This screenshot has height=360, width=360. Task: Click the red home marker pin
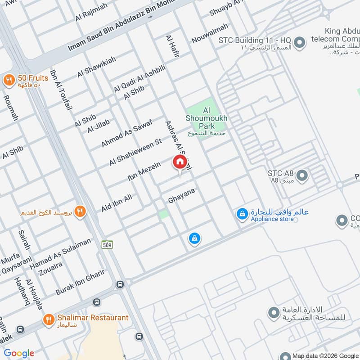pos(179,162)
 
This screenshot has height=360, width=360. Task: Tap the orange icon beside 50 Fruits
pos(9,81)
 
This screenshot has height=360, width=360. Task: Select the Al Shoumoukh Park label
pos(207,118)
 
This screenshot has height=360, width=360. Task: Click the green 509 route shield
pos(107,245)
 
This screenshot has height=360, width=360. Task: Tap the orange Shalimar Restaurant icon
pos(48,320)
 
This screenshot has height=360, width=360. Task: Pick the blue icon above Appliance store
pos(243,214)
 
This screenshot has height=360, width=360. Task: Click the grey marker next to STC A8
pos(301,175)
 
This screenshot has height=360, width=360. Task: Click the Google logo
pos(19,353)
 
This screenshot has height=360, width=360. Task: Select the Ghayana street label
pos(181,195)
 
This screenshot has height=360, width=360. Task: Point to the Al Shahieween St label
pos(135,153)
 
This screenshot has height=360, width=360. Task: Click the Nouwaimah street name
pos(208,35)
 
